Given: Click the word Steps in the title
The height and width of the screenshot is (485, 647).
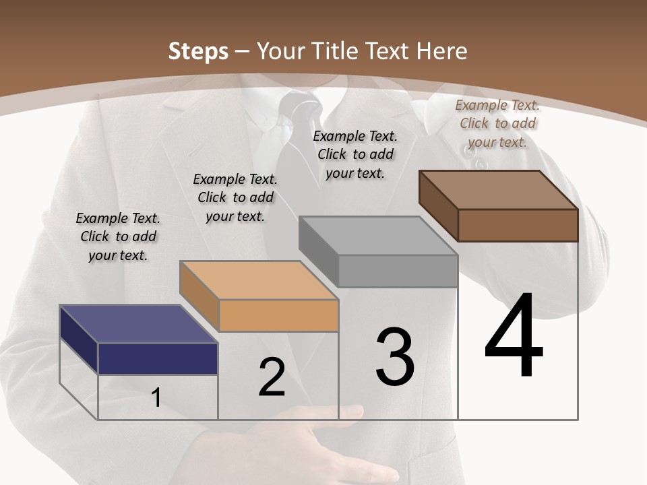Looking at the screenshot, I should click(x=198, y=51).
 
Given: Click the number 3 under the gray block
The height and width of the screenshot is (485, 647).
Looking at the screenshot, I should click(x=395, y=357).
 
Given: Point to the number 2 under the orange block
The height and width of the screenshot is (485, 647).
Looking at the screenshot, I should click(x=272, y=377).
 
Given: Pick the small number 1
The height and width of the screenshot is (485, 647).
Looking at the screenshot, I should click(x=156, y=398).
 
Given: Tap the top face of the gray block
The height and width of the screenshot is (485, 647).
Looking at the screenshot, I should click(x=378, y=236).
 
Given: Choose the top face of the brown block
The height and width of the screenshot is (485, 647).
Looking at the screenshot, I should click(x=499, y=190).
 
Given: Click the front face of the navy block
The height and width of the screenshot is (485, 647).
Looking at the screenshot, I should click(x=158, y=358).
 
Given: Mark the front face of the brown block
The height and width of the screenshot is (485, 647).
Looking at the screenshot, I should click(x=518, y=225).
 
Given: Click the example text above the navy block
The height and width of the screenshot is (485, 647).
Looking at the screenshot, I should click(x=118, y=236).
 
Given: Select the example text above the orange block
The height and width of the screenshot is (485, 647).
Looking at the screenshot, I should click(x=235, y=197).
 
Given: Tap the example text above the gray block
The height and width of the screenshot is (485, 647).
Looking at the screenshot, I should click(x=355, y=154).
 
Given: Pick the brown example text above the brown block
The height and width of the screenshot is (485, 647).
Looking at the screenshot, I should click(x=497, y=123).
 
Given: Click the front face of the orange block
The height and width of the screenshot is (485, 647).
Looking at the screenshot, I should click(x=278, y=315).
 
